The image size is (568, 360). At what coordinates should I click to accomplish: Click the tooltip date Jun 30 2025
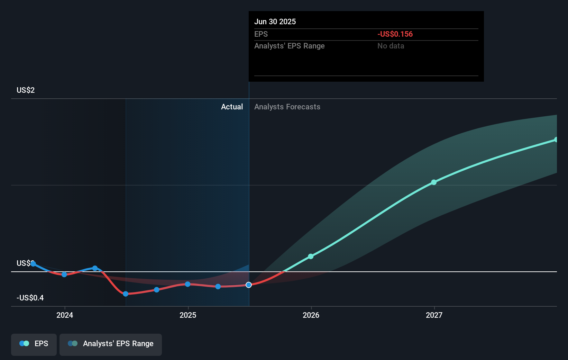[x=275, y=21]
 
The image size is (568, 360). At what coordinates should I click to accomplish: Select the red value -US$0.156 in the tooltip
[x=395, y=34]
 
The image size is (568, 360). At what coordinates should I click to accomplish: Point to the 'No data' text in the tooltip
[x=391, y=46]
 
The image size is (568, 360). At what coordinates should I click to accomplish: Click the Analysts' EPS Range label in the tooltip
[x=289, y=46]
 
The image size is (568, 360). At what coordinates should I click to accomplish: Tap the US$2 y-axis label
[x=26, y=90]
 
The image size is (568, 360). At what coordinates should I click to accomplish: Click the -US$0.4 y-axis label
[x=30, y=298]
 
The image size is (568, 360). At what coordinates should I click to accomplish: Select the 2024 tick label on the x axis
[x=65, y=315]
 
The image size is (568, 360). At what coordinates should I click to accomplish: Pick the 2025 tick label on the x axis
[x=188, y=315]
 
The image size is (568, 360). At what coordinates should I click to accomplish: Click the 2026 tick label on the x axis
[x=311, y=315]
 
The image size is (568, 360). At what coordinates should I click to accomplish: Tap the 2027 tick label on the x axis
[x=434, y=315]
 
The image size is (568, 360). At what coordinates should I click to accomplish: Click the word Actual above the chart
[x=232, y=107]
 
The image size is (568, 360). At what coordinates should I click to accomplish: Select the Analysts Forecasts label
[x=287, y=107]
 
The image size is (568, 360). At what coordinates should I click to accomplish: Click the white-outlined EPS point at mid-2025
[x=249, y=285]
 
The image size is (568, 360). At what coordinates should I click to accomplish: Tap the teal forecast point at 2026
[x=311, y=256]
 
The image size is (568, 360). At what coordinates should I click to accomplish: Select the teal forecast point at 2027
[x=434, y=182]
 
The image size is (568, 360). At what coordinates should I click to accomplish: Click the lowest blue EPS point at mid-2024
[x=126, y=294]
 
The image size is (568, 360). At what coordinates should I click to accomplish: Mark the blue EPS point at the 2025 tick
[x=187, y=284]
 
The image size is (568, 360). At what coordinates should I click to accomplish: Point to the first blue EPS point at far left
[x=33, y=264]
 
